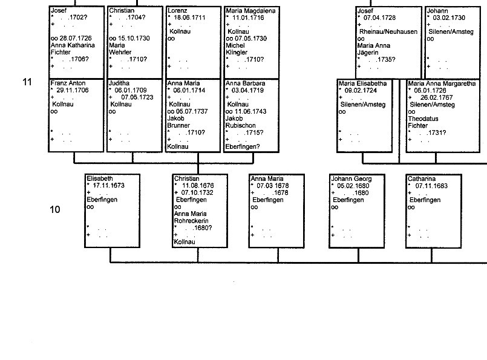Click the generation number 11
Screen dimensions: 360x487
coord(27,82)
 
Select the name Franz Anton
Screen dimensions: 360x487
coord(68,83)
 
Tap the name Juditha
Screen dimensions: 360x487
coord(119,83)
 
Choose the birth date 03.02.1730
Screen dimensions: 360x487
coord(449,18)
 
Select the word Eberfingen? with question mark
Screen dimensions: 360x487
coord(243,147)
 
